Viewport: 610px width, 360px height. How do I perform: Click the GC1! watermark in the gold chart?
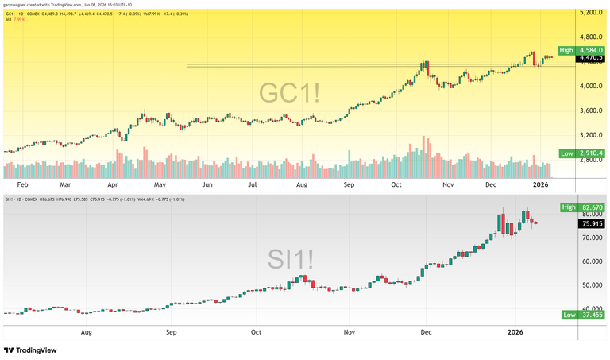coord(290,94)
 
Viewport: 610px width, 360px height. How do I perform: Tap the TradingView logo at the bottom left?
coord(33,350)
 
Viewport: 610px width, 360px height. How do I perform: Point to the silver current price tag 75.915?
coord(592,224)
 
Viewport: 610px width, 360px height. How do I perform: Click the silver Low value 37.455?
coord(590,315)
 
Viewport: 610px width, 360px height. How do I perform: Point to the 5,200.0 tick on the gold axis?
coord(592,14)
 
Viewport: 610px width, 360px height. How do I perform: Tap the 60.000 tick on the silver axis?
coord(591,261)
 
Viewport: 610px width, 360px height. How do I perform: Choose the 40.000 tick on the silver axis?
coord(591,309)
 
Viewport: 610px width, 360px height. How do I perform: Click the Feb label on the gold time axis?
coord(22,184)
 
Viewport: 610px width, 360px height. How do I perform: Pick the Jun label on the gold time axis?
coord(207,184)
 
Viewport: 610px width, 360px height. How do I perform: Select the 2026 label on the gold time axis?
coord(541,184)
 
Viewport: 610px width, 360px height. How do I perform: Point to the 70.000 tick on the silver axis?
coord(591,238)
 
